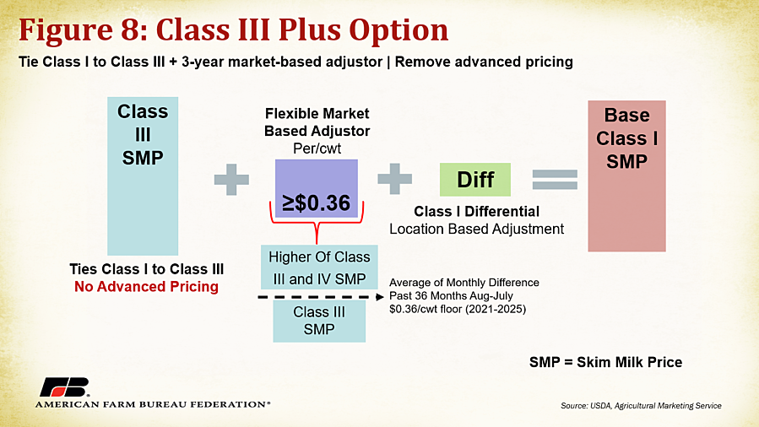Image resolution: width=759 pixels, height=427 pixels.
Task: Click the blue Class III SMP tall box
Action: [143, 176]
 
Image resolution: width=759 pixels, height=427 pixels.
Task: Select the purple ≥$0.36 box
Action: [317, 188]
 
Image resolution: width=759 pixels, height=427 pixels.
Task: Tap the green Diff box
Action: [474, 180]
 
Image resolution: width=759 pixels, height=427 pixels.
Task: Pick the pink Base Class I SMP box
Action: [626, 176]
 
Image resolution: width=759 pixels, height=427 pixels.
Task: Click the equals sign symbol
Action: [555, 180]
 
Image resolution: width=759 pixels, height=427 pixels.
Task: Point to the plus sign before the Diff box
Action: [394, 179]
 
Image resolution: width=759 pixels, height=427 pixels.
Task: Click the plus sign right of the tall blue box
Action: [231, 180]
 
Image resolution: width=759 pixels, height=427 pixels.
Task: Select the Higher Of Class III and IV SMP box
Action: [319, 268]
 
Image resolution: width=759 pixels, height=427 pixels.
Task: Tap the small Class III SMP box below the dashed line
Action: [319, 321]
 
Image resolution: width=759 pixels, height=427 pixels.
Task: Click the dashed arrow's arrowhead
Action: [380, 296]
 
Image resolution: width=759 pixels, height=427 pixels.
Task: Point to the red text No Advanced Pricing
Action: [146, 287]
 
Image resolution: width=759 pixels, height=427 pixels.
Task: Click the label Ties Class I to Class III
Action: [147, 269]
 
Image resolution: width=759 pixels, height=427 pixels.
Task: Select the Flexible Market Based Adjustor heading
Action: [317, 122]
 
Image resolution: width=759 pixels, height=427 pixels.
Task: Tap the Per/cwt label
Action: [317, 148]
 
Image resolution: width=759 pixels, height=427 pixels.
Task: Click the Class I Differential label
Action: [477, 211]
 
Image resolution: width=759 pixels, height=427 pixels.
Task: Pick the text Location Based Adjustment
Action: [477, 229]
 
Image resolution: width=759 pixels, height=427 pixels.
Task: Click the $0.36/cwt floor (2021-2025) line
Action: [458, 309]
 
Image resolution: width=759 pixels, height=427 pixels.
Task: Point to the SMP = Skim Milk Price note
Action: [605, 362]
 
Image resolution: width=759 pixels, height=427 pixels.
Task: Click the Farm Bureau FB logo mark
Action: [65, 386]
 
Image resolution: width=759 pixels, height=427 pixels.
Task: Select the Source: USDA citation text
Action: [641, 406]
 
